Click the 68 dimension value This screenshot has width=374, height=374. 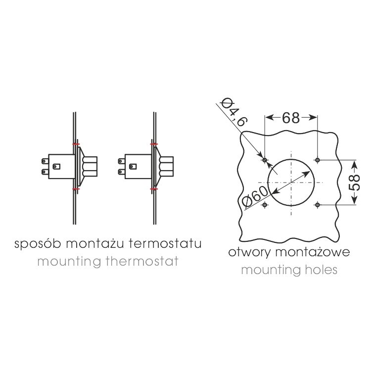click(291, 118)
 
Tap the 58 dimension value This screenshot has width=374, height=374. click(354, 182)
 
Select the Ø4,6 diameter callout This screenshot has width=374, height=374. click(233, 111)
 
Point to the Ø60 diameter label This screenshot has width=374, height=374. click(254, 195)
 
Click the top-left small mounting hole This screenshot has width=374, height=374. click(265, 160)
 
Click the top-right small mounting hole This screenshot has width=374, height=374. click(317, 160)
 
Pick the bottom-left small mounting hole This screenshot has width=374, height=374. click(265, 205)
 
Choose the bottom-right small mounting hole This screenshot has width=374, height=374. click(317, 205)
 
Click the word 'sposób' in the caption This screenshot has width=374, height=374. click(38, 244)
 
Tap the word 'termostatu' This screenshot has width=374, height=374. click(165, 244)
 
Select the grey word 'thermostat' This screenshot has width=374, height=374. click(142, 261)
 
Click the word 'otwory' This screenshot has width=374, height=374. click(249, 253)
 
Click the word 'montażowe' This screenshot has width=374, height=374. click(313, 252)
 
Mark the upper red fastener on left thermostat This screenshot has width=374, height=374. click(76, 144)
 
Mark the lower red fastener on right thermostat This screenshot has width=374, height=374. click(154, 189)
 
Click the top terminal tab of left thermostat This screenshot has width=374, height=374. click(45, 161)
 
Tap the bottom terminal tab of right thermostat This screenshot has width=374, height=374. click(121, 172)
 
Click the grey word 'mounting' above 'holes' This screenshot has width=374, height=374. click(271, 271)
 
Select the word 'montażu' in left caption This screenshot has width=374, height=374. click(95, 244)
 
